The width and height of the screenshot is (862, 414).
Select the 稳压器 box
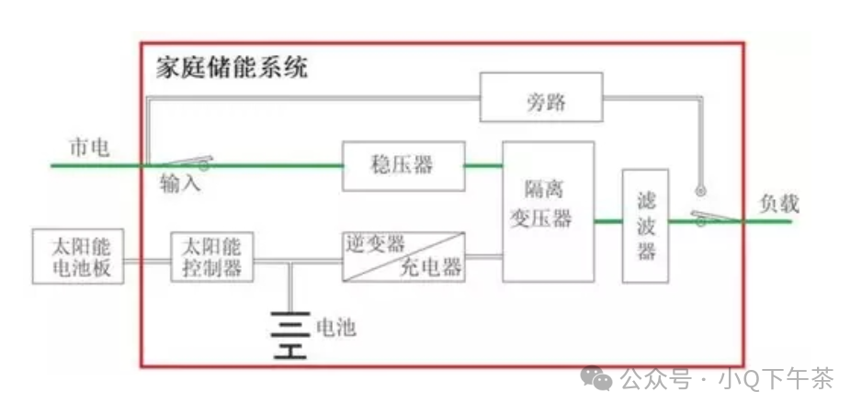pyautogui.click(x=403, y=165)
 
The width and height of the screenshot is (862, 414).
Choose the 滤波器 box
pyautogui.click(x=645, y=226)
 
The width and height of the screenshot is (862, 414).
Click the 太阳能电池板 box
pyautogui.click(x=77, y=256)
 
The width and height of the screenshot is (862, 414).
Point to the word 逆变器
pyautogui.click(x=375, y=243)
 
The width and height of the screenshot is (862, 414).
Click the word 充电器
pyautogui.click(x=430, y=268)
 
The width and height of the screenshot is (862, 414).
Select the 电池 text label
pyautogui.click(x=335, y=327)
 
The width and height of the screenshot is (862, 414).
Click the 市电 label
pyautogui.click(x=89, y=148)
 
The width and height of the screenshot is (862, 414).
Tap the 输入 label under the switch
pyautogui.click(x=180, y=183)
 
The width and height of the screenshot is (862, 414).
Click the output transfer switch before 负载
pyautogui.click(x=720, y=217)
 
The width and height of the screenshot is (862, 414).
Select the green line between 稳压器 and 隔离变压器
pyautogui.click(x=482, y=165)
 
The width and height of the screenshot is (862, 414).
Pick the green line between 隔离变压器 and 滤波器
pyautogui.click(x=607, y=221)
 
